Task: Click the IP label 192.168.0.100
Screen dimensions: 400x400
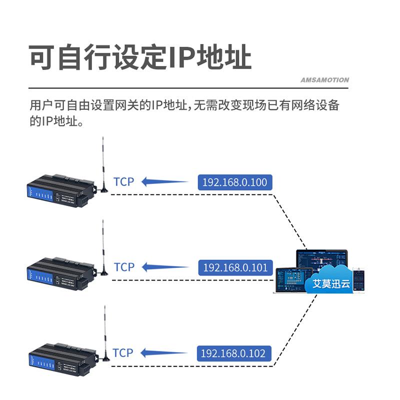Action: click(235, 182)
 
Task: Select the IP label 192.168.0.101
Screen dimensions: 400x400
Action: click(235, 267)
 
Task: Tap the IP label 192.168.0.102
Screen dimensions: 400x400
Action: click(233, 353)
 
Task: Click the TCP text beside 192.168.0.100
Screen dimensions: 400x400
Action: click(124, 181)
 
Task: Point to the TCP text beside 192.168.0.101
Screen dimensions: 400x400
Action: click(124, 267)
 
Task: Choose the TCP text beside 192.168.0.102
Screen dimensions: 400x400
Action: click(123, 352)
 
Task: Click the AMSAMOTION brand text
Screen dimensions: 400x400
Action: click(325, 80)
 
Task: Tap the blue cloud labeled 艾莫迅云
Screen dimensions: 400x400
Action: click(331, 283)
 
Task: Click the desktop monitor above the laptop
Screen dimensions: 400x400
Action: click(320, 260)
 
